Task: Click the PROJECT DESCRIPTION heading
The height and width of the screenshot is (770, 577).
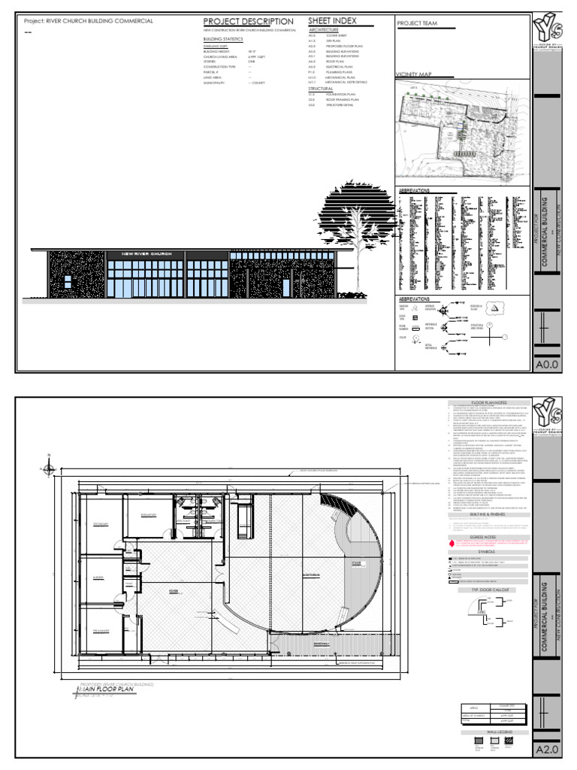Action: (x=248, y=21)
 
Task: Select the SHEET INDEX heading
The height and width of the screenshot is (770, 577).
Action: (x=332, y=21)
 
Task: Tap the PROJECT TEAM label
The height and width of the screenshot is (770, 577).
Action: (x=416, y=24)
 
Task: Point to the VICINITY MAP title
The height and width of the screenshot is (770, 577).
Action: (x=415, y=75)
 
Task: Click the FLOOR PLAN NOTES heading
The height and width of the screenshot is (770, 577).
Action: (x=489, y=404)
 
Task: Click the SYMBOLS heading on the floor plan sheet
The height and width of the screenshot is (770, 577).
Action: (x=489, y=572)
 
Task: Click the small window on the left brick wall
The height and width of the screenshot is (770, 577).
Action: (x=68, y=281)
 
